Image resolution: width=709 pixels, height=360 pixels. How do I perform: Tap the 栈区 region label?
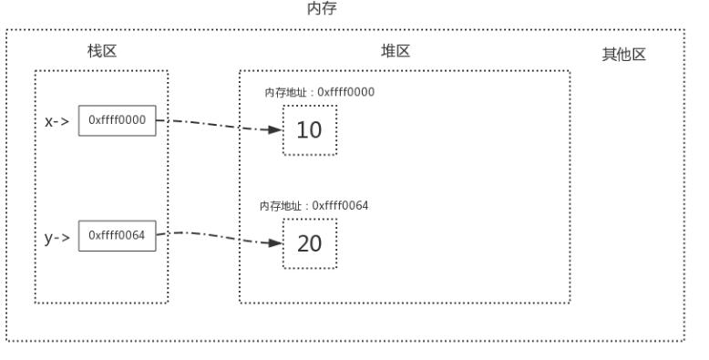pyautogui.click(x=101, y=52)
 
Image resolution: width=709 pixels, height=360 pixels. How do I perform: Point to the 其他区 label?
pyautogui.click(x=623, y=55)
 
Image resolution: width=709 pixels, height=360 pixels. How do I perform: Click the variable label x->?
pyautogui.click(x=58, y=121)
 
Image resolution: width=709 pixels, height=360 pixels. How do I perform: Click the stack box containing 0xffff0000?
pyautogui.click(x=117, y=121)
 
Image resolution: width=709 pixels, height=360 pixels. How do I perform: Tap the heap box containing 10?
pyautogui.click(x=309, y=130)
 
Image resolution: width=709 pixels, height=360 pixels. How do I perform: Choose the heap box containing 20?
pyautogui.click(x=309, y=243)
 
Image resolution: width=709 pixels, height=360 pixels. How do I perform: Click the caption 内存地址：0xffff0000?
pyautogui.click(x=319, y=92)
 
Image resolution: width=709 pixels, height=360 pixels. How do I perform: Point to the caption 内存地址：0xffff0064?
pyautogui.click(x=313, y=205)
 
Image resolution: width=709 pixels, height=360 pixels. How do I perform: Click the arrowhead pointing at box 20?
pyautogui.click(x=274, y=243)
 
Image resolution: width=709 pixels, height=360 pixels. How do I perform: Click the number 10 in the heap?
pyautogui.click(x=309, y=130)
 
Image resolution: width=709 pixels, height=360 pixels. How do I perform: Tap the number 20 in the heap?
pyautogui.click(x=309, y=243)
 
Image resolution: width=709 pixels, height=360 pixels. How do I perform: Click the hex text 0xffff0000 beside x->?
pyautogui.click(x=117, y=121)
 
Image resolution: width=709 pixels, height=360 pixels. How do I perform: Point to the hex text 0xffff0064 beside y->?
pyautogui.click(x=117, y=235)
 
